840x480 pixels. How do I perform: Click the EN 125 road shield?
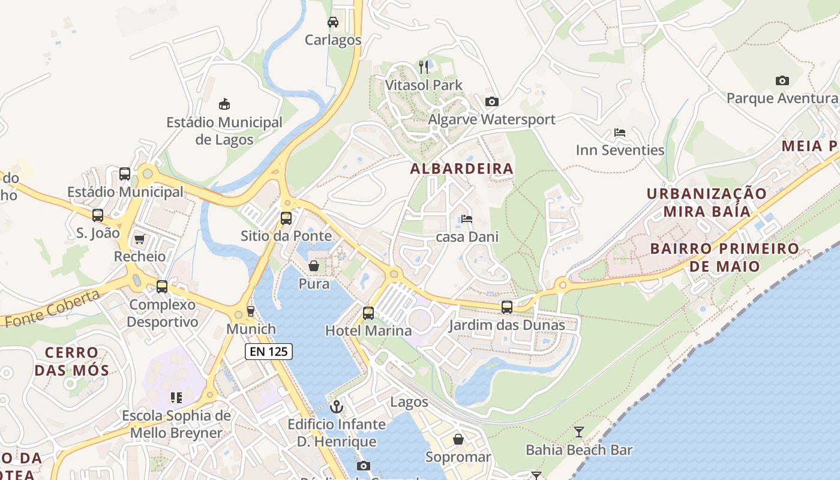pos(269,352)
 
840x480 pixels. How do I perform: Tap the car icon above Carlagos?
pos(332,23)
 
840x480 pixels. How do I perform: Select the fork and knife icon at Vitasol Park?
pos(424,67)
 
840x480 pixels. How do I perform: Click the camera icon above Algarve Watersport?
pos(491,101)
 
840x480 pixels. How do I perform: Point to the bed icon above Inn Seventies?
pos(620,132)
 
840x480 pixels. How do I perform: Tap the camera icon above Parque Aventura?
pos(782,80)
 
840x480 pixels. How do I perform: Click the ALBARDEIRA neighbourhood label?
pos(461,169)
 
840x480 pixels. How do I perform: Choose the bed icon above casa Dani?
pos(467,219)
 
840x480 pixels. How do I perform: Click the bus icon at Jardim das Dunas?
pos(507,307)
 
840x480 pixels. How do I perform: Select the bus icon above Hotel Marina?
pos(368,313)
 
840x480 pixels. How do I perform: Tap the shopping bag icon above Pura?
pos(314,266)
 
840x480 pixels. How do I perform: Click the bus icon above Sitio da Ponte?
pos(286,218)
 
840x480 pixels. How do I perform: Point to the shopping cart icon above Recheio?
pos(140,239)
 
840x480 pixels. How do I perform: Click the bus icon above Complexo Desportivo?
pos(162,287)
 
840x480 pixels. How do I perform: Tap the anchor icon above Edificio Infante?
pos(337,406)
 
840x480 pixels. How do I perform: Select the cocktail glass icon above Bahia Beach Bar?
pos(579,431)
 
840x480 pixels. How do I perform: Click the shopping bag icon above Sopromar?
pos(458,439)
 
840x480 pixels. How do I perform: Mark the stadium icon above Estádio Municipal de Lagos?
pos(224,104)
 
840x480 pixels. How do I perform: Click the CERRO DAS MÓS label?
pos(72,361)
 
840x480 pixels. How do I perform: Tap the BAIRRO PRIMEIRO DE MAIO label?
pos(724,257)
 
